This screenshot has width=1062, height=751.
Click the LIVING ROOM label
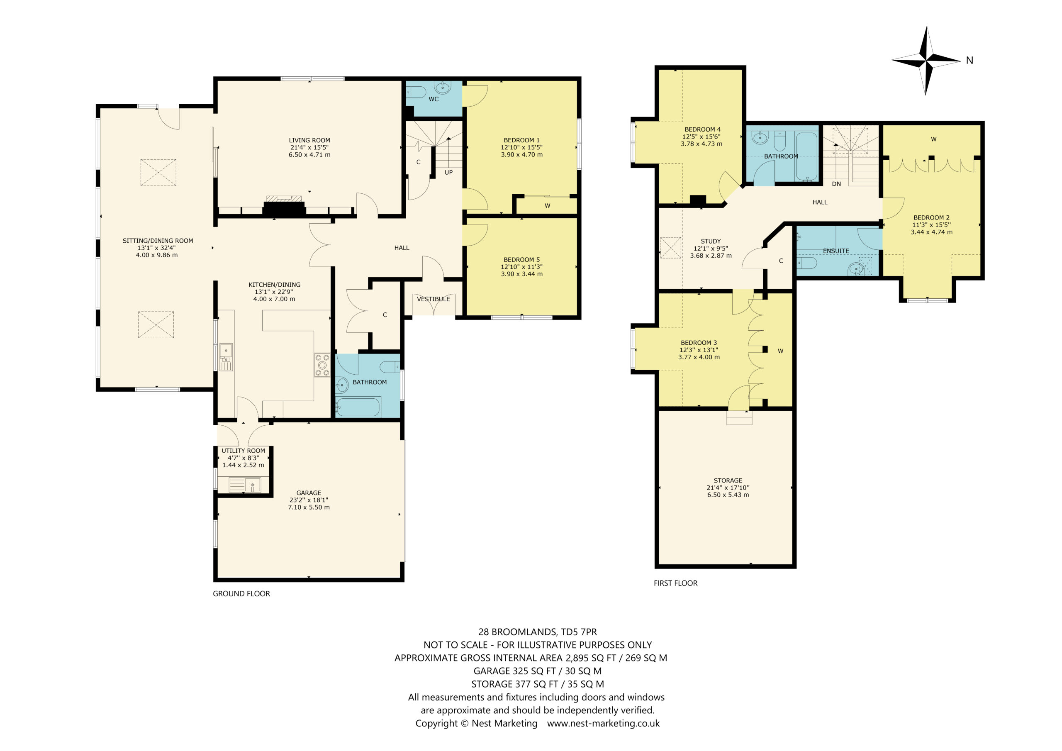[309, 140]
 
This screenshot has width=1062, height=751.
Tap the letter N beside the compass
[969, 60]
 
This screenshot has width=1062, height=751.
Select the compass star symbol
[926, 61]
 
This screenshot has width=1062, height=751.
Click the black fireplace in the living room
[284, 209]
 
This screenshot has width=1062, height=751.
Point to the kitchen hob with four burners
[322, 365]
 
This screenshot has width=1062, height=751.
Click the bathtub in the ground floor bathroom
[358, 407]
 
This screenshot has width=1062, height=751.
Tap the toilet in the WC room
[416, 92]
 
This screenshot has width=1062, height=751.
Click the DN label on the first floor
[836, 184]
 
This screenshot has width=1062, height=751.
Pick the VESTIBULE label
[434, 299]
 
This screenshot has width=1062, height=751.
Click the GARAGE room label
[309, 493]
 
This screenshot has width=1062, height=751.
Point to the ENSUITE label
[836, 251]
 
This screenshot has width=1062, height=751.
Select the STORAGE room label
[728, 480]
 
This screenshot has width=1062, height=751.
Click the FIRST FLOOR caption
[675, 583]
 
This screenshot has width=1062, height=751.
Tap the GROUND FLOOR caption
[241, 594]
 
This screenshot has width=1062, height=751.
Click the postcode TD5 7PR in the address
[579, 632]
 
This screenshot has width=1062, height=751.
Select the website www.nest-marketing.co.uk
[604, 723]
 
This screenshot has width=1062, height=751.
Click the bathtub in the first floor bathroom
[807, 157]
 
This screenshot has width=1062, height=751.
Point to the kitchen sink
[226, 357]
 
